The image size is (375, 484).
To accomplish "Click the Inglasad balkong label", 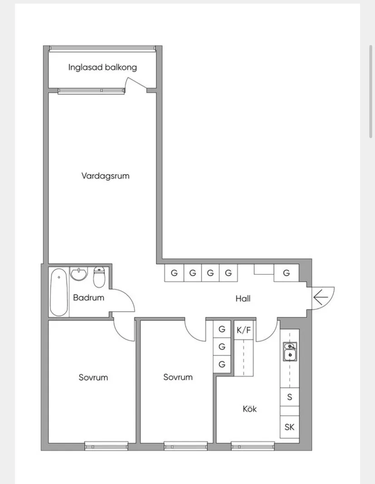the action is [x=102, y=67].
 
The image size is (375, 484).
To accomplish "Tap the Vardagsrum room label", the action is [x=105, y=176].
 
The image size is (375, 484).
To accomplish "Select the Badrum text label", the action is [x=89, y=297].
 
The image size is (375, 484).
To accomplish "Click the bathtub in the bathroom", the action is [x=59, y=292].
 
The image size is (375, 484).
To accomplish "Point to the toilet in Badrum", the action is [x=99, y=277].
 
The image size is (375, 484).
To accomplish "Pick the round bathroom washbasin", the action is [x=79, y=273].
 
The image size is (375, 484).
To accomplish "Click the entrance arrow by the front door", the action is [x=321, y=297].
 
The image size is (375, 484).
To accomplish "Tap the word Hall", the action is [x=243, y=298].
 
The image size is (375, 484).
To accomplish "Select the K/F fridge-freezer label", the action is [x=244, y=330].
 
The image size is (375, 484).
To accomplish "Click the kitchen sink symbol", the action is [x=290, y=352].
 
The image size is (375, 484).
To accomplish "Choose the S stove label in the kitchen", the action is [x=290, y=397].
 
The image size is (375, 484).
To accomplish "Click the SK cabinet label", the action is [x=290, y=427].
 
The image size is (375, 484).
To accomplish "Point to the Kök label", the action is [x=250, y=409].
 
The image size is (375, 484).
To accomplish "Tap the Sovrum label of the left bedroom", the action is [x=93, y=378].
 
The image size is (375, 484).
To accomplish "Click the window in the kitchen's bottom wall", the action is [x=253, y=446].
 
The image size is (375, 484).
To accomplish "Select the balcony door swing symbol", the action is [x=137, y=84].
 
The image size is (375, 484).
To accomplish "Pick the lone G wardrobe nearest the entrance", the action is [x=286, y=273].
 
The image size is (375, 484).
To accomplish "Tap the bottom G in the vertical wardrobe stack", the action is [x=222, y=364].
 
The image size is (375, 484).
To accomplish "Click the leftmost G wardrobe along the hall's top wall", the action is [x=174, y=273].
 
